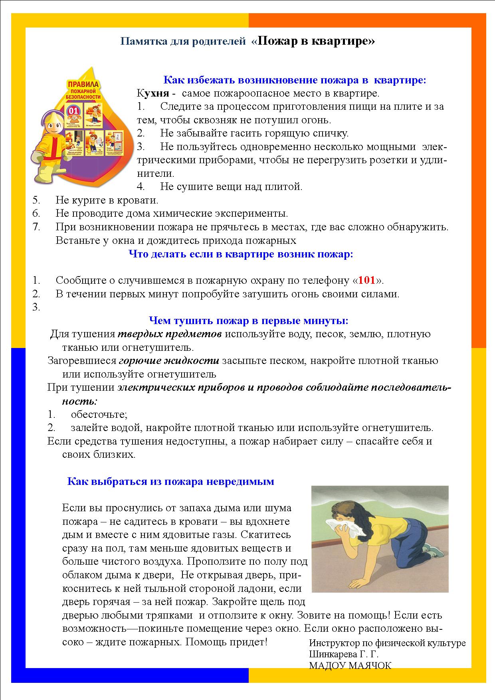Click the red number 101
[x=366, y=280]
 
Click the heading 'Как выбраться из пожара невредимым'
[x=170, y=481]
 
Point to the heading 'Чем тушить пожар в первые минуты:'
[x=248, y=320]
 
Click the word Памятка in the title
[x=140, y=42]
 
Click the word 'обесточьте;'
[x=99, y=414]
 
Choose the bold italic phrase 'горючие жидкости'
[x=169, y=361]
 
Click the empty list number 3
[x=36, y=307]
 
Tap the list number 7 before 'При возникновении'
[x=36, y=227]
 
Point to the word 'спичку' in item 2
[x=332, y=133]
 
